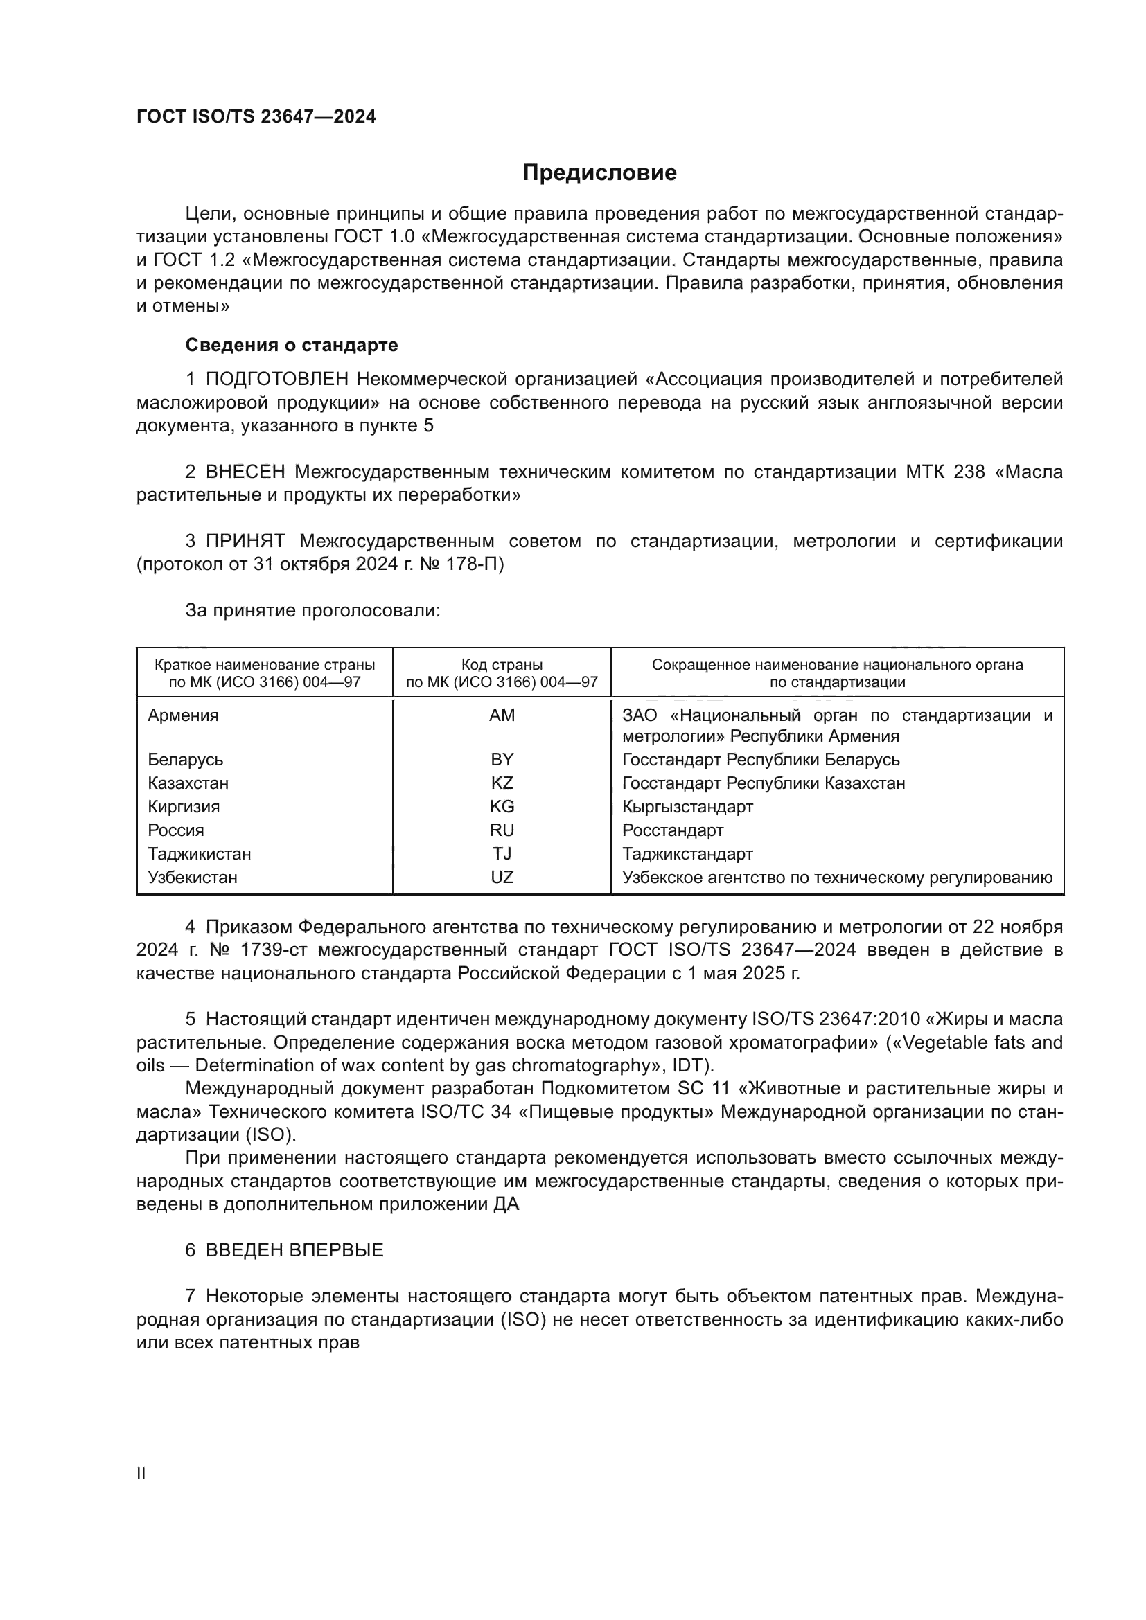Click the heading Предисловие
point(599,173)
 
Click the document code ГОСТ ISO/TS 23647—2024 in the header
point(256,116)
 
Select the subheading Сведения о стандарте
point(292,345)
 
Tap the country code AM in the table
point(502,715)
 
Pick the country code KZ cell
point(502,783)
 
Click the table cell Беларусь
point(186,760)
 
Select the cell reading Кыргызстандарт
point(687,806)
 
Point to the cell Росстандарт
point(673,830)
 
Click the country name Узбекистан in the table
point(193,878)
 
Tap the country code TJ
point(502,854)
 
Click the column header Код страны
point(502,665)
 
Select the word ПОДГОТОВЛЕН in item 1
point(276,380)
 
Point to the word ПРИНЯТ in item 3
point(245,542)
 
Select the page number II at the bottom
point(141,1473)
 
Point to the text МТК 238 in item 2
point(945,472)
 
